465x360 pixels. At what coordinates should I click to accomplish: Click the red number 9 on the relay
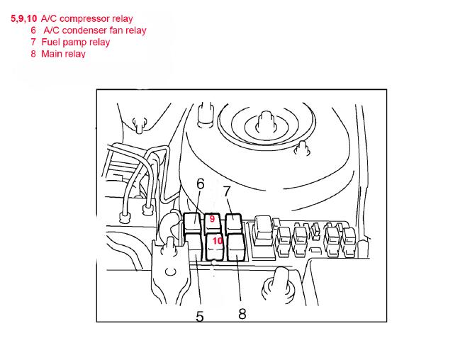coord(212,219)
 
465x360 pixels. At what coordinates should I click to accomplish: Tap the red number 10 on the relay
coord(218,241)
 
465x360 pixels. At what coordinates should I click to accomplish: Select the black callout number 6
coord(201,184)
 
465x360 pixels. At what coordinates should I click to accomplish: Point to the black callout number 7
coord(227,191)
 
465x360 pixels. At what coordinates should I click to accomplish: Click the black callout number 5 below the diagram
coord(200,317)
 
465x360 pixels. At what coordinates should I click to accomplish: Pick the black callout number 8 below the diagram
coord(242,314)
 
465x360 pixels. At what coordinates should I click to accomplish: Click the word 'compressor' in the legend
coord(84,19)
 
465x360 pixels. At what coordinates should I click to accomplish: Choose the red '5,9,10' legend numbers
coord(23,18)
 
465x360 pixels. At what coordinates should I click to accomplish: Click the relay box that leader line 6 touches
coord(193,222)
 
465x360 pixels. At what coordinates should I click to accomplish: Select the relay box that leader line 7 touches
coord(234,223)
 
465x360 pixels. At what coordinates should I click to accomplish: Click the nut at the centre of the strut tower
coord(266,122)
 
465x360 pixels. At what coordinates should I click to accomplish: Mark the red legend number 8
coord(33,54)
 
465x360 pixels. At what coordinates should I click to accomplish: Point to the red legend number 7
coord(33,42)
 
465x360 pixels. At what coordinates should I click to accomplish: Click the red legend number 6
coord(33,30)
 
